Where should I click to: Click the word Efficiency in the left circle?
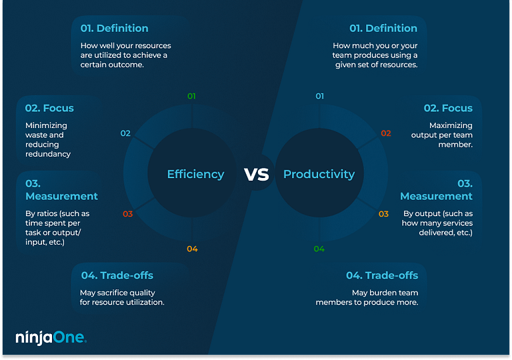click(x=195, y=175)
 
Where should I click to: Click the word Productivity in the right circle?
click(x=319, y=175)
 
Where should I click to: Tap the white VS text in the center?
click(x=257, y=175)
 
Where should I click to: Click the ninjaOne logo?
click(x=51, y=337)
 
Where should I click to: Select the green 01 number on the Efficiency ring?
click(x=192, y=96)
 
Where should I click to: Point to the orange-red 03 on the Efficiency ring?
click(x=127, y=214)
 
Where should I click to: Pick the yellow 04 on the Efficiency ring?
click(x=192, y=249)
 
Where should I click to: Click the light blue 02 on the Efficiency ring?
click(x=125, y=133)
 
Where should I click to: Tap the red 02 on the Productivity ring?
click(x=386, y=133)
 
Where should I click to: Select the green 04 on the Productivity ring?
click(x=319, y=249)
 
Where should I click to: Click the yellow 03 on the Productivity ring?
click(x=383, y=214)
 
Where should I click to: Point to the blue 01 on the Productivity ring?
click(x=320, y=96)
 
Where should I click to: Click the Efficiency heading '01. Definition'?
click(x=115, y=28)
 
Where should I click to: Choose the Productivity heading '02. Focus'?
click(x=448, y=108)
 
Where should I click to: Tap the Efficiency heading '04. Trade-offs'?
click(x=117, y=275)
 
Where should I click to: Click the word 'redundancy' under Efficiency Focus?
click(x=48, y=154)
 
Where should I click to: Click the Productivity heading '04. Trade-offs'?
click(x=382, y=275)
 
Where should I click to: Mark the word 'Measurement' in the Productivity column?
click(x=436, y=196)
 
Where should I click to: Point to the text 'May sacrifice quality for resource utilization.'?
click(x=122, y=297)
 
